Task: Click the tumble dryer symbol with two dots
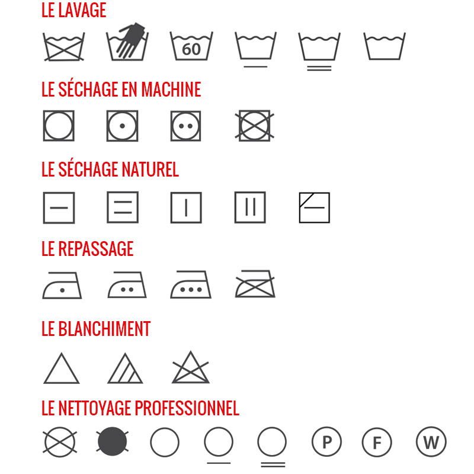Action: [x=185, y=126]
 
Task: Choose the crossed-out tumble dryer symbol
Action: [x=255, y=126]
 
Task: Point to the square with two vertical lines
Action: [x=250, y=207]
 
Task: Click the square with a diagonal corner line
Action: [x=315, y=208]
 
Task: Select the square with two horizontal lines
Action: [x=123, y=207]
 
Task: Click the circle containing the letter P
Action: [x=327, y=442]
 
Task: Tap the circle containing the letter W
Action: [x=431, y=441]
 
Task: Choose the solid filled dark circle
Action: [x=113, y=441]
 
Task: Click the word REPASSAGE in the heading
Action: [x=95, y=249]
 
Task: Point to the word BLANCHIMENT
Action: [x=104, y=329]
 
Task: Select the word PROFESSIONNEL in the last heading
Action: [x=187, y=408]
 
